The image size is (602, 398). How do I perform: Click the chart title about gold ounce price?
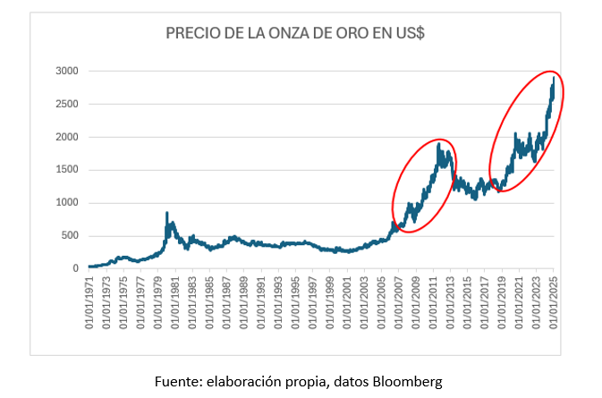tap(295, 33)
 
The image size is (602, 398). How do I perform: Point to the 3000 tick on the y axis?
tap(67, 71)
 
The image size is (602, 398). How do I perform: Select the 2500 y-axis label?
tap(67, 104)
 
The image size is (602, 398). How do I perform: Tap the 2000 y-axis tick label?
tap(67, 137)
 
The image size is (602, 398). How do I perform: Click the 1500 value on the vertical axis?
tap(67, 169)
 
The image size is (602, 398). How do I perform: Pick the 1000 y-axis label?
tap(67, 202)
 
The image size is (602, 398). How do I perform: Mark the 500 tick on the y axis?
tap(70, 235)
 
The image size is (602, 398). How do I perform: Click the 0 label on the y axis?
tap(76, 268)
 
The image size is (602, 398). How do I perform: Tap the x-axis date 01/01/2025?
tap(554, 304)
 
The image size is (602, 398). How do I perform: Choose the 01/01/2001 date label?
tap(348, 304)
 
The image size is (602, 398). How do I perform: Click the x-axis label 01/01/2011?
tap(434, 304)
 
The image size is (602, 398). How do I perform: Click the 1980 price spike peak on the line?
tap(166, 213)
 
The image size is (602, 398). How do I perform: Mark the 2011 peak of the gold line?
tap(439, 143)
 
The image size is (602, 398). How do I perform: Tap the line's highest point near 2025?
tap(554, 77)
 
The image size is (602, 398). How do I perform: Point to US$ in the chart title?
tap(408, 33)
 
